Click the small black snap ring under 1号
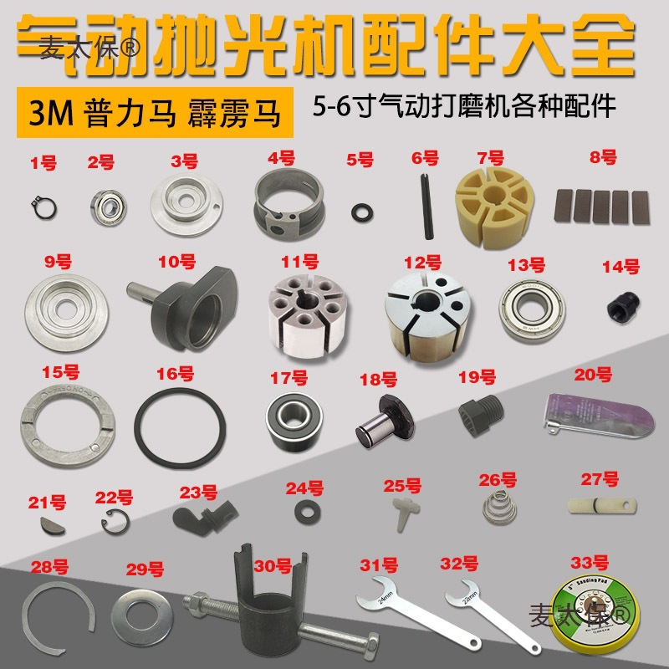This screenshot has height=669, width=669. tap(38, 201)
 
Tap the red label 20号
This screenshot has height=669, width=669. tap(592, 373)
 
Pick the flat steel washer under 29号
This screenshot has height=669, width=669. tap(144, 612)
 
